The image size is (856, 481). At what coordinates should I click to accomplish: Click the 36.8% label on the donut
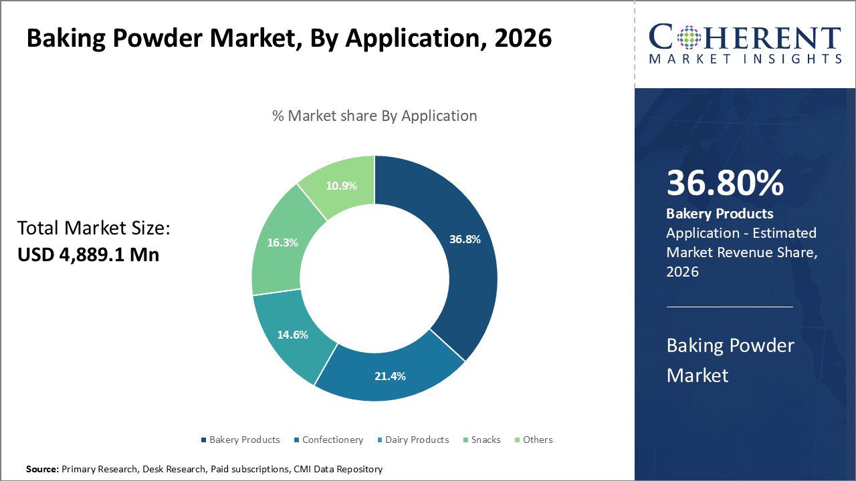tap(465, 239)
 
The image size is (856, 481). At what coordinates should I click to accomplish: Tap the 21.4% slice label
tap(390, 376)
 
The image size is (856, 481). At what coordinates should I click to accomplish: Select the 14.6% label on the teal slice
tap(292, 335)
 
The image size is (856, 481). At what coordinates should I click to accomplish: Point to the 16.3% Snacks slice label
tap(282, 243)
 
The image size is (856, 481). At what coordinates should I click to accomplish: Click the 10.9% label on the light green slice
tap(341, 186)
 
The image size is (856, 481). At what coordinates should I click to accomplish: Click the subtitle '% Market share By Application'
tap(374, 116)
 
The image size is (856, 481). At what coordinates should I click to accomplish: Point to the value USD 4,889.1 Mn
tap(88, 255)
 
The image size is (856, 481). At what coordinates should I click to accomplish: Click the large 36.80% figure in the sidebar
tap(724, 183)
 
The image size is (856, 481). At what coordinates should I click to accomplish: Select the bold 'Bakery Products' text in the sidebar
tap(720, 214)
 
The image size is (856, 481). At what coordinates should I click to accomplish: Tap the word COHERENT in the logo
tap(745, 38)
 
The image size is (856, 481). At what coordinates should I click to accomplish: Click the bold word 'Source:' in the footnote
tap(42, 470)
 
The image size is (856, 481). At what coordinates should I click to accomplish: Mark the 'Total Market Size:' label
tap(94, 228)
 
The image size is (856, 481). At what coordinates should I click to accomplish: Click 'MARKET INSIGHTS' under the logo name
tap(745, 59)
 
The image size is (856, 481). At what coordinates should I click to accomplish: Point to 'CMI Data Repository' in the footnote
tap(338, 470)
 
